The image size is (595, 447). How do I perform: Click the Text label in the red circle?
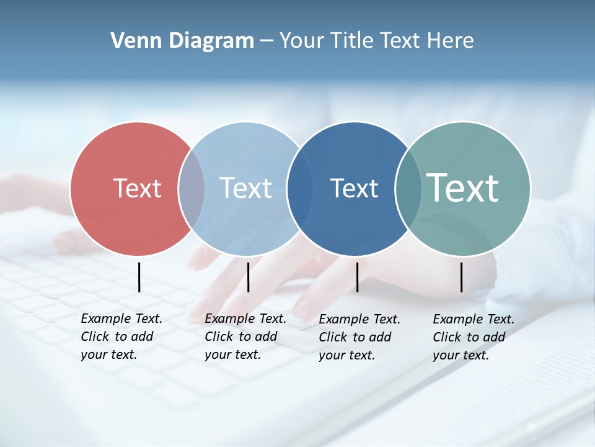point(137,188)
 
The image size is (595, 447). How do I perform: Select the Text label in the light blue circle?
point(245,188)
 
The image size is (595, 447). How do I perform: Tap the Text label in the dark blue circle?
point(354,188)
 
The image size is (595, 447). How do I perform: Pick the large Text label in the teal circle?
point(463,187)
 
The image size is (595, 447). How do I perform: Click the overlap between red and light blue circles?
point(192,188)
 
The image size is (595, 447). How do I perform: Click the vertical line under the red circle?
point(139,277)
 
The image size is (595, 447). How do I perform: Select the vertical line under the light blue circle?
point(248,277)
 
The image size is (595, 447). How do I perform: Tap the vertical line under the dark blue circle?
point(357,277)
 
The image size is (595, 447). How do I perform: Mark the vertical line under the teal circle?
point(461,277)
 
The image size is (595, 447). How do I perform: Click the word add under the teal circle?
point(493,337)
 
